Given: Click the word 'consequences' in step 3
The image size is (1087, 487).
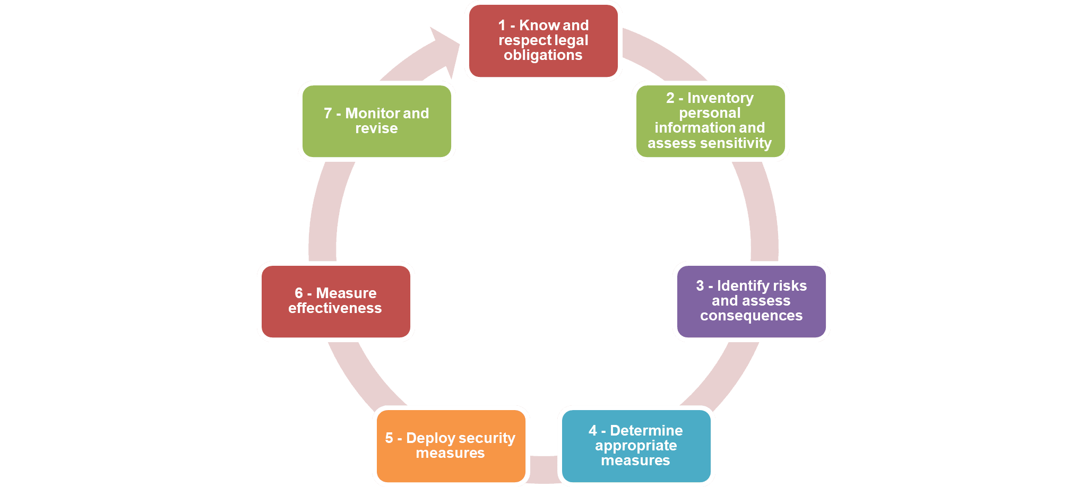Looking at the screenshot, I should tap(751, 316).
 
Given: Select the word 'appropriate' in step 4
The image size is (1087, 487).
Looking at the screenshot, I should tap(635, 446).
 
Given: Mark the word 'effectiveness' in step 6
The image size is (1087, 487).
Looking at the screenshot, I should tap(335, 308).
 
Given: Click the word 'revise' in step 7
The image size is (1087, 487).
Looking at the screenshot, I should tap(376, 128).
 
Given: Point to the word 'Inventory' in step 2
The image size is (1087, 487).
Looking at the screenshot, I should tap(720, 98).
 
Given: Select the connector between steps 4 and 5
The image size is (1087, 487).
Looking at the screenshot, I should tap(543, 469).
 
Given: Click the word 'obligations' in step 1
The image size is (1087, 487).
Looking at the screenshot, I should tap(543, 55).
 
